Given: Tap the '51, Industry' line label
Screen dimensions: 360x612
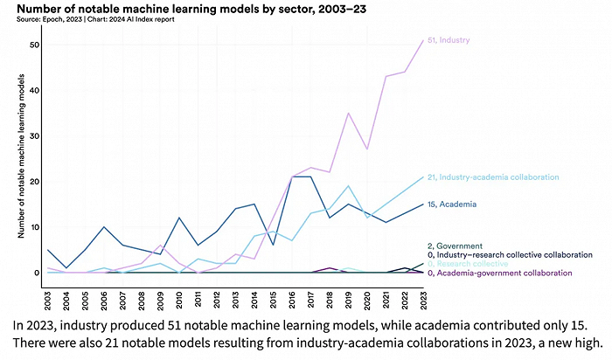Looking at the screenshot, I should tap(452, 40).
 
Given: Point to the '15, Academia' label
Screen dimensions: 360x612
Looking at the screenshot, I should tap(452, 204).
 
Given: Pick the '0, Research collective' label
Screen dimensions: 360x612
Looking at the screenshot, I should tap(472, 263).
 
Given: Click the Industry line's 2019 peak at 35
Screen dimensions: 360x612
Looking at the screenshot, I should tap(348, 114).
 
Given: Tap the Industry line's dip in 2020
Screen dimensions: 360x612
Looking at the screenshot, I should tap(366, 149).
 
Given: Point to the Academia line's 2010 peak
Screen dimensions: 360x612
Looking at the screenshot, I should tap(179, 218).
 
